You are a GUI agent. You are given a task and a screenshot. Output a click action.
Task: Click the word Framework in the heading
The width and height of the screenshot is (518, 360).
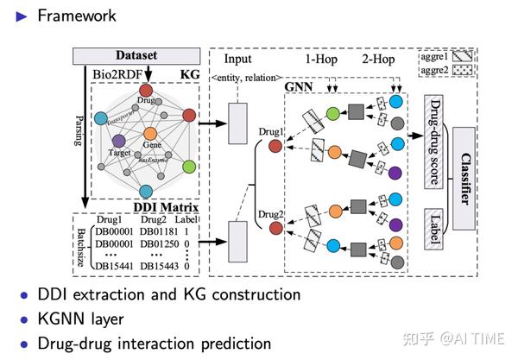[x=77, y=15]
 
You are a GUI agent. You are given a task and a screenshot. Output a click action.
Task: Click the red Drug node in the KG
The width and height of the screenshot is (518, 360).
[x=147, y=91]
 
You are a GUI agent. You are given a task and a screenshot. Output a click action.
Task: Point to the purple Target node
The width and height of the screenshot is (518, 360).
[x=119, y=140]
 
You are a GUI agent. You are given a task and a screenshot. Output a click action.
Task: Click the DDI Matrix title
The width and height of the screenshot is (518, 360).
[x=162, y=207]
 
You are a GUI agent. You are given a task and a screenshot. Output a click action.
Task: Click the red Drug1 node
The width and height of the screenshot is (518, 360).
[x=275, y=146]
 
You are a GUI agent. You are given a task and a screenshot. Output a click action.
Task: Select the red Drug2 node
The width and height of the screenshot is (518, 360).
[x=275, y=228]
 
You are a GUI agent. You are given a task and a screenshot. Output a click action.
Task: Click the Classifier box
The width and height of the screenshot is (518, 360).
[x=463, y=177]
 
